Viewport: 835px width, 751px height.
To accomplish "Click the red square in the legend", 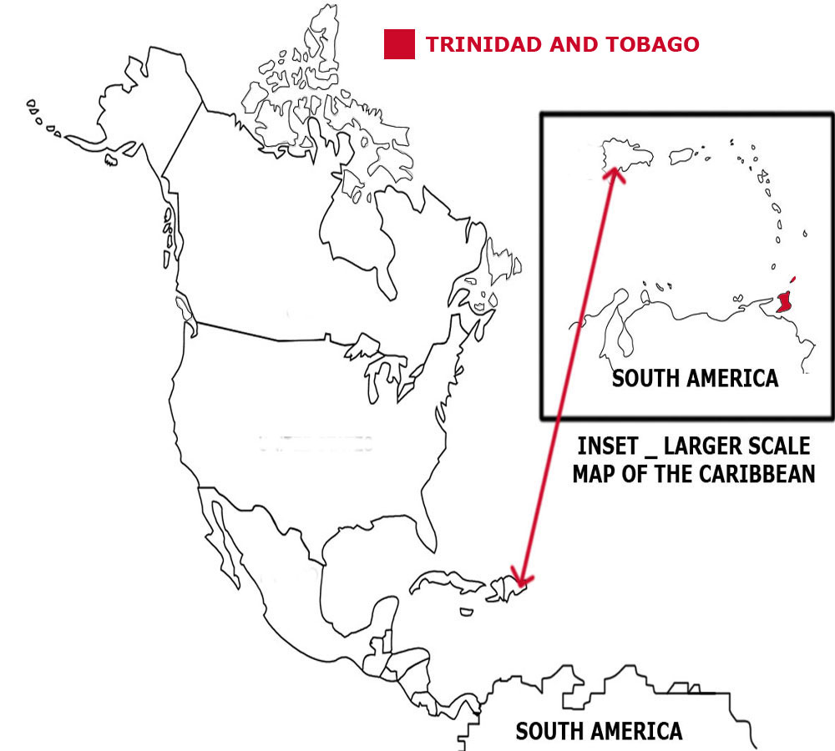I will coord(399,44).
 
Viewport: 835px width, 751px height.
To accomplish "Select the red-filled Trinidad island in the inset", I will coord(783,302).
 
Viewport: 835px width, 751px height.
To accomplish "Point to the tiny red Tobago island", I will coord(792,280).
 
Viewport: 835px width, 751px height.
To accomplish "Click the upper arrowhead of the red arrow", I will coord(615,173).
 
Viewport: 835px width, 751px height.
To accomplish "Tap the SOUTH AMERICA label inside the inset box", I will coord(695,378).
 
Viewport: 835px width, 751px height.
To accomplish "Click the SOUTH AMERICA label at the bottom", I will coord(599,732).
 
